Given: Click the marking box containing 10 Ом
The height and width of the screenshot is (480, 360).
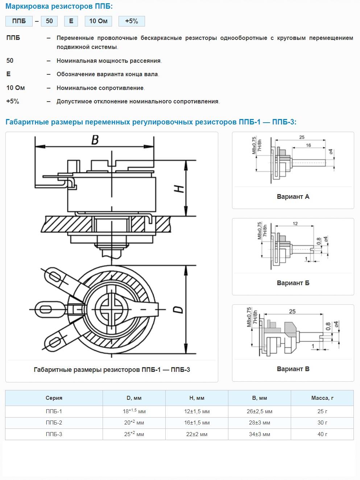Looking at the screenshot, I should (x=98, y=21).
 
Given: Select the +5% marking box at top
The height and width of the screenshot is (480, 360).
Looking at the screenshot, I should (x=132, y=21).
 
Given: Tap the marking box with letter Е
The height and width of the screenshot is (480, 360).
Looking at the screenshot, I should (x=71, y=21).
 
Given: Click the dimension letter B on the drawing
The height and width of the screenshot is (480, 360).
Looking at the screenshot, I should (x=95, y=140).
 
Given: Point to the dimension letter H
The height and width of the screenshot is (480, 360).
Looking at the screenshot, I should (x=179, y=189).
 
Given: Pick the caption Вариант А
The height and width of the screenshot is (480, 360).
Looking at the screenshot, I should (x=293, y=197).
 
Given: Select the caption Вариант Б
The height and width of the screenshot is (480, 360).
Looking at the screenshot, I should (x=293, y=283).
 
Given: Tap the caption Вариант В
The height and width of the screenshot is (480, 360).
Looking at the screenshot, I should (x=293, y=369).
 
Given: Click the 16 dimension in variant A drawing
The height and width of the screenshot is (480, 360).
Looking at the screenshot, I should (x=308, y=145).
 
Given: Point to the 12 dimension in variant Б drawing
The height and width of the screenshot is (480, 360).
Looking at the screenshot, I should (x=295, y=223).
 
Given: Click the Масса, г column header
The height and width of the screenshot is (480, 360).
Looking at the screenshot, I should (x=322, y=398).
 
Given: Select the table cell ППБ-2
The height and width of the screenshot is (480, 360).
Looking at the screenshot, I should (x=54, y=423).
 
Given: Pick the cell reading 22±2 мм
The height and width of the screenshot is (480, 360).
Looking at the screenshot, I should (x=197, y=434).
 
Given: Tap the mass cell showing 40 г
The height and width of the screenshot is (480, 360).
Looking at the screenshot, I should (x=322, y=434).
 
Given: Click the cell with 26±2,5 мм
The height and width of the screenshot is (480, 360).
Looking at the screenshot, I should (x=260, y=411).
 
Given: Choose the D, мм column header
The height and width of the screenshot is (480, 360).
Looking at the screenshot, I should (x=134, y=398).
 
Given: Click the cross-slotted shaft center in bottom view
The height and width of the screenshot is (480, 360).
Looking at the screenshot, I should (x=112, y=309).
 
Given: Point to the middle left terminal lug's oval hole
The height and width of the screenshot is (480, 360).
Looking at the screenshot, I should (x=46, y=309).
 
